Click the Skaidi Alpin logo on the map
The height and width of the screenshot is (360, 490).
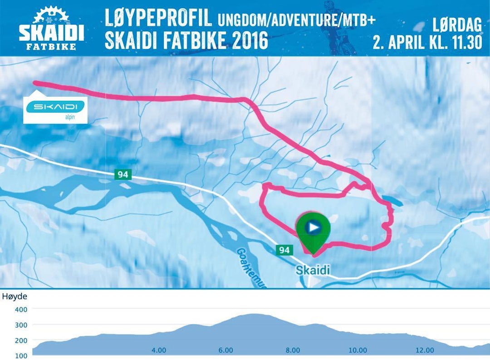(55, 108)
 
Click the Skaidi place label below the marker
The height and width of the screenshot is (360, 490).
(313, 270)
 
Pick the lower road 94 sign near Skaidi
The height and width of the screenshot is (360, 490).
(284, 250)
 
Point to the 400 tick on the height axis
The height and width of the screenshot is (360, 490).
(21, 309)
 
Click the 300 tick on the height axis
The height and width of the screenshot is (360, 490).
(21, 325)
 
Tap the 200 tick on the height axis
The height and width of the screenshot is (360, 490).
(21, 340)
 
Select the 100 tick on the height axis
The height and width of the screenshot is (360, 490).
(21, 355)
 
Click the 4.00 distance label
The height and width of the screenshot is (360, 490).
(158, 350)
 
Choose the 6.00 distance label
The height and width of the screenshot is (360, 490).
(225, 350)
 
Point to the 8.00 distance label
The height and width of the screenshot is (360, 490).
(293, 350)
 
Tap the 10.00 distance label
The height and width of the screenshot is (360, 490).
(358, 350)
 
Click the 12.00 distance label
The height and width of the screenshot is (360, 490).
(425, 350)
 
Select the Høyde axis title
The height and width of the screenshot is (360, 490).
(15, 297)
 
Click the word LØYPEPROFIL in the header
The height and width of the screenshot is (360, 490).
(158, 19)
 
